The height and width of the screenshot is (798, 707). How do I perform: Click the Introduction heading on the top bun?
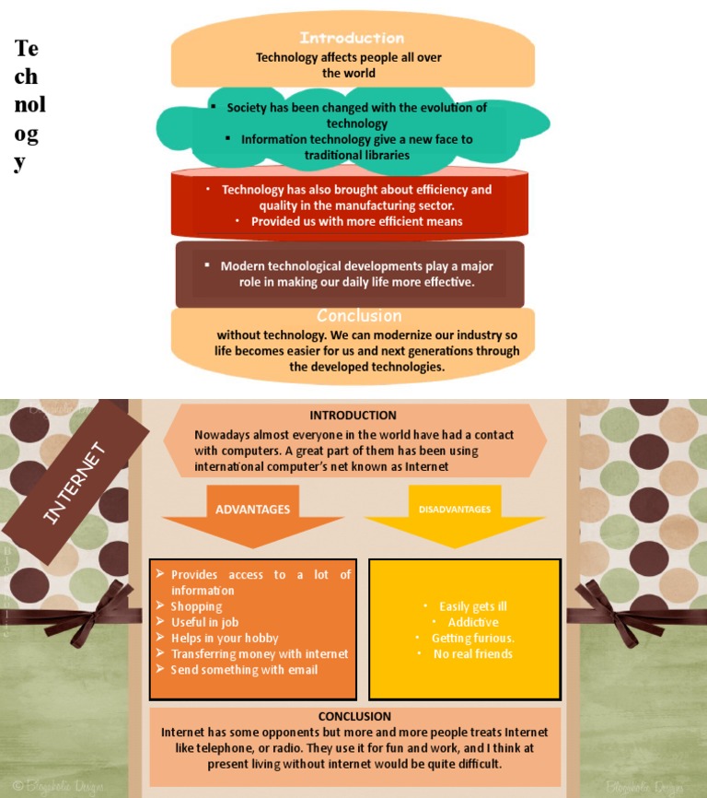click(x=352, y=38)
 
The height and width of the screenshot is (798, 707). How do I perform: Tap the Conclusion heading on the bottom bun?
click(x=359, y=315)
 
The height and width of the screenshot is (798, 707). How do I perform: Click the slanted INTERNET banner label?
click(x=75, y=483)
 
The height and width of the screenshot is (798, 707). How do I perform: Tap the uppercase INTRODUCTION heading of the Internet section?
click(x=353, y=416)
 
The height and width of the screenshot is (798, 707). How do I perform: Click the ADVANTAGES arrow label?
click(x=252, y=510)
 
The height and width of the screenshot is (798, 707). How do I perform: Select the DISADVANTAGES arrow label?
click(x=455, y=510)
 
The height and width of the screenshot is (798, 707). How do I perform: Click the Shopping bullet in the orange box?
click(x=196, y=606)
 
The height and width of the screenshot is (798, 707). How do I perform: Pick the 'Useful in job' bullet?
click(x=204, y=622)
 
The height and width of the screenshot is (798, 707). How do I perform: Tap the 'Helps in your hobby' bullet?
click(x=224, y=638)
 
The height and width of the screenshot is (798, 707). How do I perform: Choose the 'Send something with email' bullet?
click(x=244, y=670)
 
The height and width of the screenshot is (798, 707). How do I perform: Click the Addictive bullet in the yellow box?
click(x=473, y=622)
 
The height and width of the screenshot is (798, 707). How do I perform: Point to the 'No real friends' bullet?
click(x=473, y=654)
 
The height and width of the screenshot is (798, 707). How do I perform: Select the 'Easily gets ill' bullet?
click(x=473, y=606)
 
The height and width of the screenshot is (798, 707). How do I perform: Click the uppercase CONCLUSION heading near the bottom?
click(x=354, y=716)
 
